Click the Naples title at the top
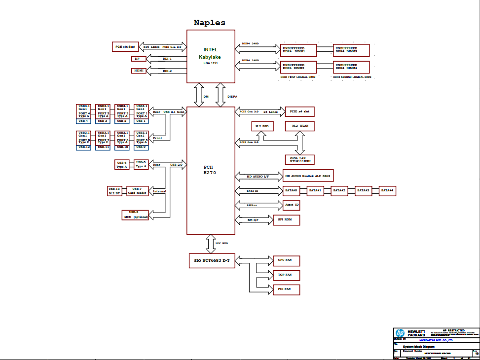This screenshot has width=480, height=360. [x=209, y=23]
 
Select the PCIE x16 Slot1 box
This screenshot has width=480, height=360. [x=126, y=47]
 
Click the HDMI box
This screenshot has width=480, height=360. [x=139, y=71]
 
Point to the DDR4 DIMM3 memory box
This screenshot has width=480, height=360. [x=351, y=50]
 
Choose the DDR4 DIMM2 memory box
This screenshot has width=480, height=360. [x=298, y=67]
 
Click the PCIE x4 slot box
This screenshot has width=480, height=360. [x=299, y=111]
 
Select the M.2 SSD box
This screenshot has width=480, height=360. [x=262, y=127]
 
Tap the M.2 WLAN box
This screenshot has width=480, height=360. [x=299, y=126]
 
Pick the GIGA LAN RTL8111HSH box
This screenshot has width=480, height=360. [x=299, y=159]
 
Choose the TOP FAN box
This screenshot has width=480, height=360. [x=285, y=275]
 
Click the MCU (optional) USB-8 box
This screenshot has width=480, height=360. [x=135, y=215]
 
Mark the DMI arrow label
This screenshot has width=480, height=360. [x=206, y=97]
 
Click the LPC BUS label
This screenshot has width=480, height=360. [x=222, y=243]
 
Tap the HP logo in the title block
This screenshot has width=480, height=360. [x=400, y=333]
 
